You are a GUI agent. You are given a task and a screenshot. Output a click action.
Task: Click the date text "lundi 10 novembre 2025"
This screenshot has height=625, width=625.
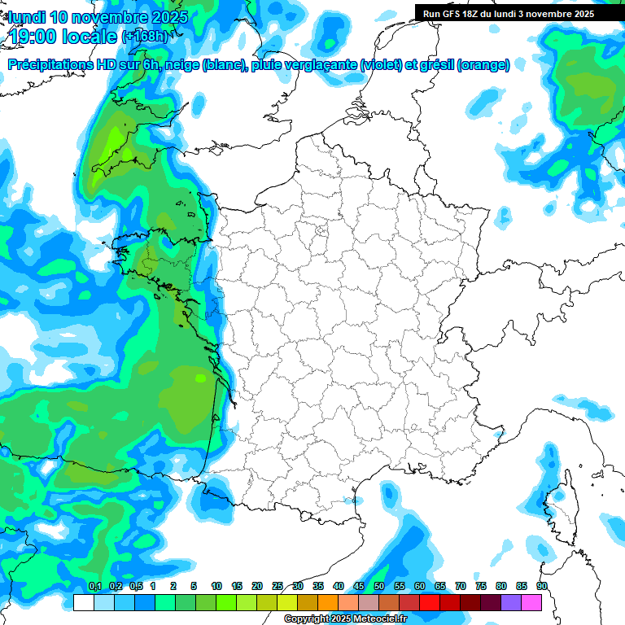98,17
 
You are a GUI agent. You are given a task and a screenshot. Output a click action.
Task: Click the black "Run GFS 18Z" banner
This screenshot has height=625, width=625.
518,13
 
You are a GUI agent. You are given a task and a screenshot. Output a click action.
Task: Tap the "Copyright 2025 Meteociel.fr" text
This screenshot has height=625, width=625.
346,619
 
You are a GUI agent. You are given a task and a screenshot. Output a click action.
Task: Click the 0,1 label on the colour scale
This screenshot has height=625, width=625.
95,587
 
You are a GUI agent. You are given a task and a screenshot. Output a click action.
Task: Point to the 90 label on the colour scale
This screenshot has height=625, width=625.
541,587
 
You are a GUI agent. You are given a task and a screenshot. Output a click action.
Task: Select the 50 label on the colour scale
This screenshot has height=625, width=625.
379,587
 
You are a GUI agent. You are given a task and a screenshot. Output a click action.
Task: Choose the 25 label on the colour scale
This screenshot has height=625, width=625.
278,587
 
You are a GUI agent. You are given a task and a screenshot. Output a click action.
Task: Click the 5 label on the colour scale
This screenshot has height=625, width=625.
194,587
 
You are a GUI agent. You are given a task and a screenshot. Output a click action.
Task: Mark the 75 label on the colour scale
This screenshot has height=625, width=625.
480,587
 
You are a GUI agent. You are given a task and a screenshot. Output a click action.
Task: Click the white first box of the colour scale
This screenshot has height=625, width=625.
83,602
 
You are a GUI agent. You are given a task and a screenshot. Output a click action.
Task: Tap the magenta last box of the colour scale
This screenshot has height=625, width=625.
531,602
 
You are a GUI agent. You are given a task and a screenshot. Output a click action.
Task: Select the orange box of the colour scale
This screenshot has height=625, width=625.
328,602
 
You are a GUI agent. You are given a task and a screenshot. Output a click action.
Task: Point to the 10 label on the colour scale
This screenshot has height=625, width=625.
216,587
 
